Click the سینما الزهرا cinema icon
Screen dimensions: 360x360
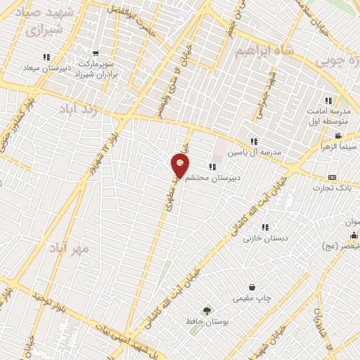coord(338,136)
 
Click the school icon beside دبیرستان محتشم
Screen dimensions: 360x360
coord(212,167)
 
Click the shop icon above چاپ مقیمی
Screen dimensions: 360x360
coord(252,287)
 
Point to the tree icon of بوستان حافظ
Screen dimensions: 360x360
coord(207,310)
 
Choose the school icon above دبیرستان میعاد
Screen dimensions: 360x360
coord(46,56)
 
